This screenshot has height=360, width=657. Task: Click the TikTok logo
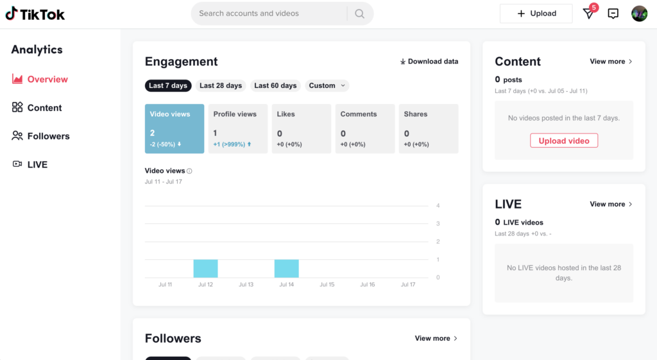(35, 14)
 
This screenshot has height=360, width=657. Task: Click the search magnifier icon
(359, 13)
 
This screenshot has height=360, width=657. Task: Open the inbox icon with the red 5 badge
(588, 13)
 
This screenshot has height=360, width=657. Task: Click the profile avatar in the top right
(639, 13)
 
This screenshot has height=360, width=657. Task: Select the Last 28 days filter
(221, 85)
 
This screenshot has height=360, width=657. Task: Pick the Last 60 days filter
(275, 85)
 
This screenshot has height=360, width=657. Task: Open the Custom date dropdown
(327, 85)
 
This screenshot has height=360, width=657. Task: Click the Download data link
(429, 62)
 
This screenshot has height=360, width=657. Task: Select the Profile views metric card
(237, 129)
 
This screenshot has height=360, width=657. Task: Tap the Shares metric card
(428, 129)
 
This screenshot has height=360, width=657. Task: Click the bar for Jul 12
(205, 268)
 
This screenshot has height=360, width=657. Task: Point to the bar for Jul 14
(286, 268)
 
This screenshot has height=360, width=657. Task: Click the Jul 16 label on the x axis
(367, 284)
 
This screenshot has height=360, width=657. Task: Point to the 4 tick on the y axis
(438, 206)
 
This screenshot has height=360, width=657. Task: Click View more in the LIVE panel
(611, 204)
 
